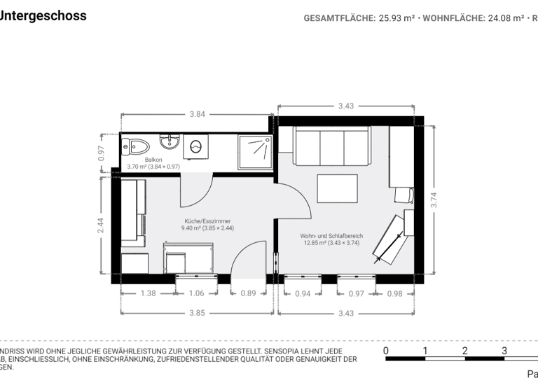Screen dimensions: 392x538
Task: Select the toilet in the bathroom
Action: click(x=138, y=146)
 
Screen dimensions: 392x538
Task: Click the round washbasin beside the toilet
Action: click(x=170, y=143)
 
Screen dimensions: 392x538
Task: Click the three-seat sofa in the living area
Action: click(x=331, y=146)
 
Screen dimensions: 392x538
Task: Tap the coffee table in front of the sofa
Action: click(x=338, y=188)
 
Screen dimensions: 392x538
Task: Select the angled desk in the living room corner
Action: click(x=389, y=237)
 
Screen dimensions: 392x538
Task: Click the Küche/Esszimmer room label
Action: click(x=207, y=221)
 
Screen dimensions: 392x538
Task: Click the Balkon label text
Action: click(x=153, y=160)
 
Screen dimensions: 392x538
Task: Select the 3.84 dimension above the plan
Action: click(x=197, y=114)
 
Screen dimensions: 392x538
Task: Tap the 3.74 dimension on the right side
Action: click(x=434, y=200)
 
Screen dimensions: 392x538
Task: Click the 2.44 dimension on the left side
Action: click(x=101, y=225)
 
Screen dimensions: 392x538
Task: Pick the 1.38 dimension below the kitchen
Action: click(x=149, y=294)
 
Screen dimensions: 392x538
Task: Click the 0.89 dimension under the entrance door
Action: click(x=248, y=294)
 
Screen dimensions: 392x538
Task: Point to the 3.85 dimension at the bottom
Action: click(x=197, y=313)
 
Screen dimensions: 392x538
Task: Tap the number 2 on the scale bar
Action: click(x=464, y=351)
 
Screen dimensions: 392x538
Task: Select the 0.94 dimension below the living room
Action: click(x=303, y=294)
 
